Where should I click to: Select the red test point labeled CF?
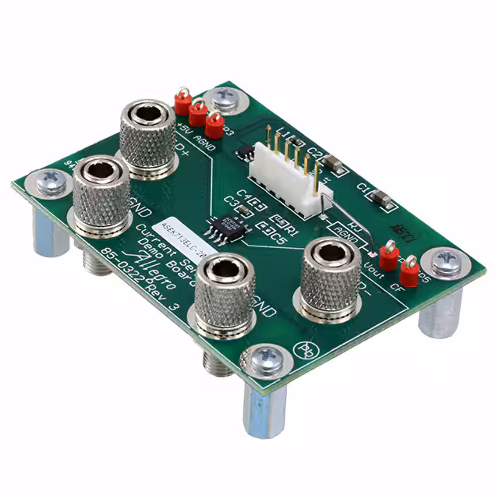pos(407,271)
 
